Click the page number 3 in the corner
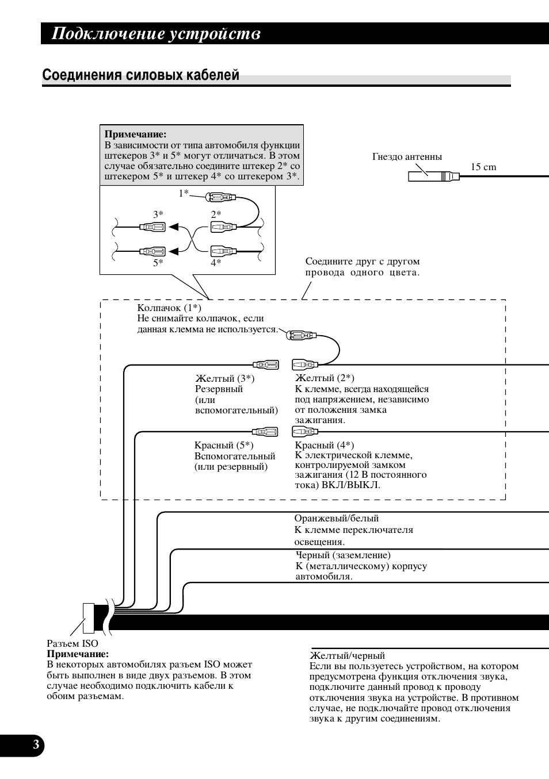36,745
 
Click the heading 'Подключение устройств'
156,34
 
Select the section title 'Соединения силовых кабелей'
141,76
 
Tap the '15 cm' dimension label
483,167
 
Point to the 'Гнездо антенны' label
407,156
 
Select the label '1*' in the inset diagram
184,193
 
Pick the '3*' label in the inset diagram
158,214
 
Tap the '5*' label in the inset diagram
158,263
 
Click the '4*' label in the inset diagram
216,263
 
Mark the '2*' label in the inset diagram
216,214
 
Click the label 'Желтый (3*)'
225,378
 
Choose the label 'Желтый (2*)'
325,378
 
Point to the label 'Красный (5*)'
224,445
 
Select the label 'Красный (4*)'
325,445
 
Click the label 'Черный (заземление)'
343,555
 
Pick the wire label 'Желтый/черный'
348,655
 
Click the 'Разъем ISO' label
73,643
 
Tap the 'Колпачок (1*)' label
169,308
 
